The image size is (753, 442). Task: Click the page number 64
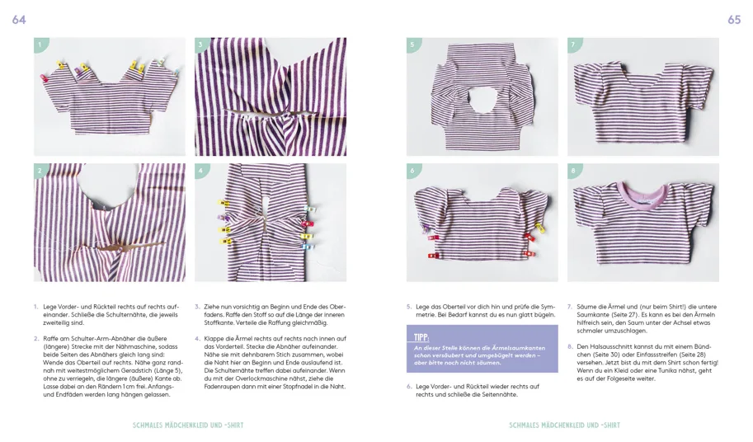19,20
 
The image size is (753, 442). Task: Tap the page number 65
733,20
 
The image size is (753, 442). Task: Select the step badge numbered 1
40,45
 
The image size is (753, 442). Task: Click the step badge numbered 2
40,171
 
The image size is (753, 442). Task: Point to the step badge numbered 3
200,45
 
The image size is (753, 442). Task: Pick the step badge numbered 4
200,171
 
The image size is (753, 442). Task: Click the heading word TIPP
421,336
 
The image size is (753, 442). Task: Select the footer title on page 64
188,426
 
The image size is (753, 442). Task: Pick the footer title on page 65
564,426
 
